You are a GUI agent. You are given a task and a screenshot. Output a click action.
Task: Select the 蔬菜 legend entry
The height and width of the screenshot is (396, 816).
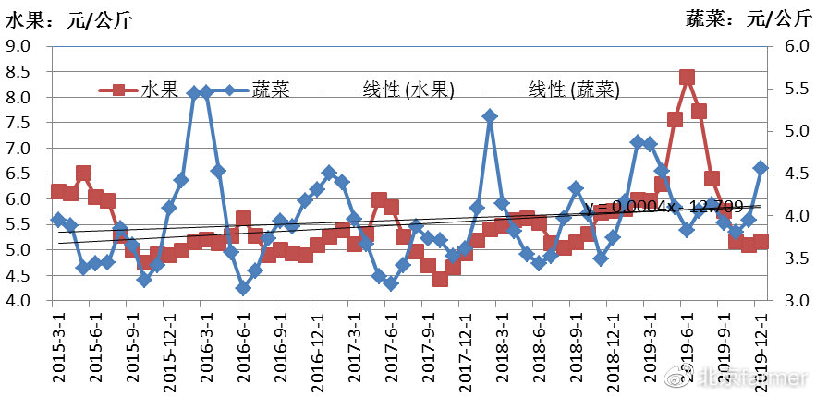274,90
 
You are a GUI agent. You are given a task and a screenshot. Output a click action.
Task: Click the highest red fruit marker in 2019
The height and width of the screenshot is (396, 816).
688,78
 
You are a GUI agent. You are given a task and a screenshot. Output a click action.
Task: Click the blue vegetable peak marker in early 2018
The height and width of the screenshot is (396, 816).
490,116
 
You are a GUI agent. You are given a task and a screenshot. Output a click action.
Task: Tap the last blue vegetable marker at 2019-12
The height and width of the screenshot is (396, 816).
761,167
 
